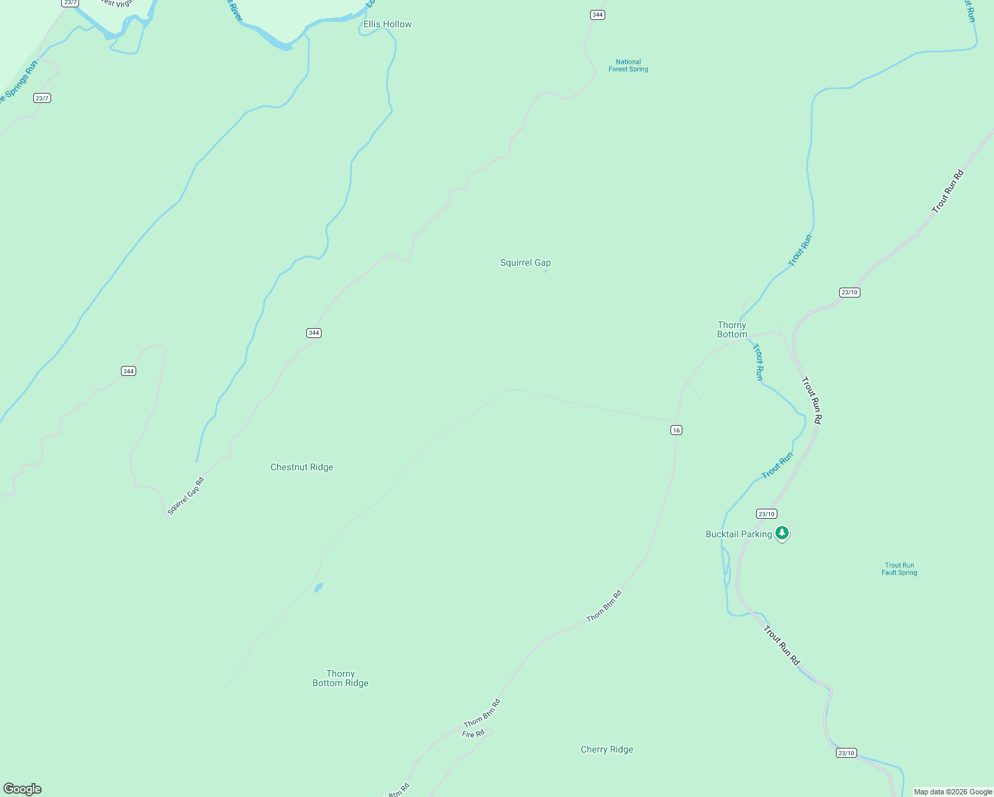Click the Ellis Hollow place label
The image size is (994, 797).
click(x=387, y=25)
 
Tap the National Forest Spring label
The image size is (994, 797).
click(x=628, y=66)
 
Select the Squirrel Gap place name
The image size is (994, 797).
click(x=525, y=263)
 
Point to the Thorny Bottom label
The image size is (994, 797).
click(x=732, y=330)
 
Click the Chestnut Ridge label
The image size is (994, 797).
click(x=302, y=468)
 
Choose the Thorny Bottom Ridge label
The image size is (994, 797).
click(x=340, y=679)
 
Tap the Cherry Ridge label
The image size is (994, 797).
click(x=607, y=750)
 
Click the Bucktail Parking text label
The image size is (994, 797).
click(x=738, y=535)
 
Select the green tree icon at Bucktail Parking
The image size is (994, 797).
click(x=783, y=533)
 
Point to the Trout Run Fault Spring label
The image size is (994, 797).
click(x=899, y=569)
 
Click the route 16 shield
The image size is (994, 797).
click(x=676, y=430)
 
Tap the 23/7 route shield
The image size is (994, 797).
click(x=42, y=98)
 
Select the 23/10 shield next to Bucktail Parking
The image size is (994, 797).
click(x=766, y=514)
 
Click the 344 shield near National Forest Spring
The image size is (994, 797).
click(x=597, y=15)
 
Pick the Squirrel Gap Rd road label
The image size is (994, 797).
click(x=185, y=496)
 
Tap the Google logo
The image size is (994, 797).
click(x=23, y=789)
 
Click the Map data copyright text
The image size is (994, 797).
click(x=953, y=792)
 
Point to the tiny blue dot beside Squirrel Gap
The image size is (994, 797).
click(x=546, y=271)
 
